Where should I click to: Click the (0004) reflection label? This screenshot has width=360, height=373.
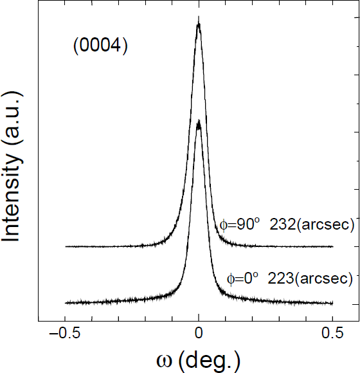[x=100, y=47]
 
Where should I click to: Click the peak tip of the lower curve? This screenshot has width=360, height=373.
[x=199, y=122]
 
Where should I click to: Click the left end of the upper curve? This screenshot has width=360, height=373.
[x=66, y=246]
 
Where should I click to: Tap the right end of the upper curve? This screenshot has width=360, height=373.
[x=332, y=246]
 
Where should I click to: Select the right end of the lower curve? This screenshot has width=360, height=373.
[x=332, y=303]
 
